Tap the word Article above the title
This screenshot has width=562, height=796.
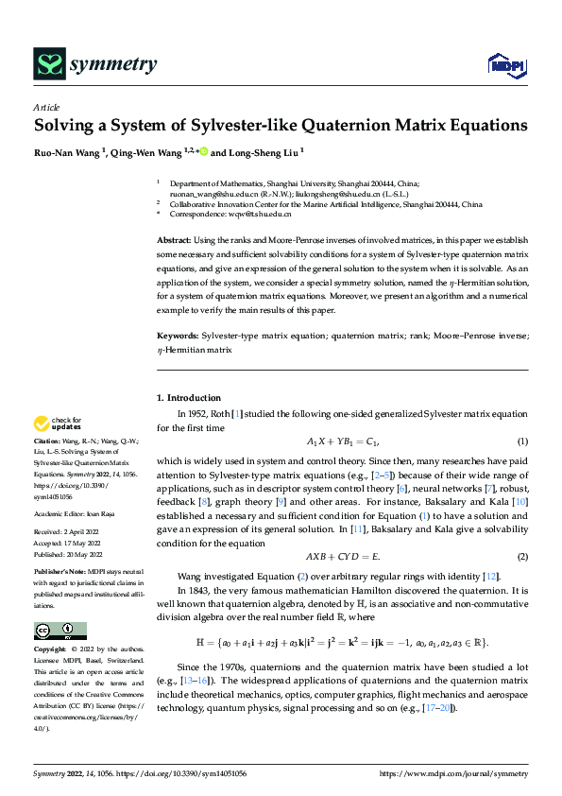46,108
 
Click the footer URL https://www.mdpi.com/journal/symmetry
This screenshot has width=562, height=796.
452,773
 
